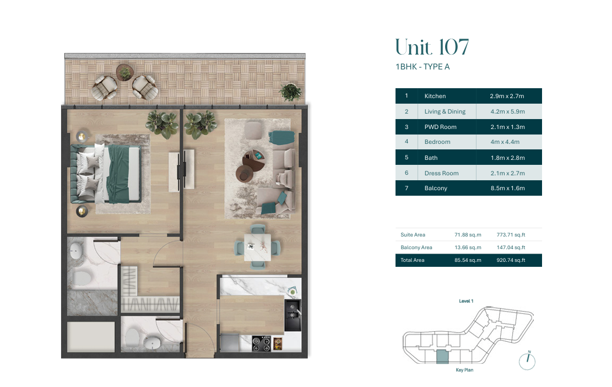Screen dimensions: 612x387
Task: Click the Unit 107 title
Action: (x=432, y=47)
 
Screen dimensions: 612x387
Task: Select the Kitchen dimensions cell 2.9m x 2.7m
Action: (x=507, y=96)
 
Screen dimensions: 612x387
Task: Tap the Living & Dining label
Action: (x=445, y=111)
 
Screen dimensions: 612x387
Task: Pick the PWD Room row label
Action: (x=440, y=127)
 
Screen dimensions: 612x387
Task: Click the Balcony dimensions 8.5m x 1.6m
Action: (x=508, y=188)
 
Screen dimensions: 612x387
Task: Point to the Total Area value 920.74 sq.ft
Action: (x=511, y=260)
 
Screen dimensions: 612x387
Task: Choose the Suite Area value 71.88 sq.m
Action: (x=468, y=235)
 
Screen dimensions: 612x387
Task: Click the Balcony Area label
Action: (x=416, y=248)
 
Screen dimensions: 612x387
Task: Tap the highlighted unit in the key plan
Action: (x=442, y=357)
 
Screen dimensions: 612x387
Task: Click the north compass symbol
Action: (x=527, y=361)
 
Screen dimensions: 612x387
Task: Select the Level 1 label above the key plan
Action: (x=466, y=301)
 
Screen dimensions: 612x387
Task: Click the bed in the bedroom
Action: (x=106, y=174)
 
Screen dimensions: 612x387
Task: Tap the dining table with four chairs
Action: (x=257, y=248)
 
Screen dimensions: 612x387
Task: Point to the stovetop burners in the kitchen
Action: (x=261, y=343)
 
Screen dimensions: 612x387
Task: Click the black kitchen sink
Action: (x=293, y=315)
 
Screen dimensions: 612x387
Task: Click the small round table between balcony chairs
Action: (x=125, y=73)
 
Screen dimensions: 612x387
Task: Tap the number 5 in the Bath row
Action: (x=407, y=157)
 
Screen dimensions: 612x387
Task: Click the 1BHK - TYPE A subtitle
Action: (x=423, y=67)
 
